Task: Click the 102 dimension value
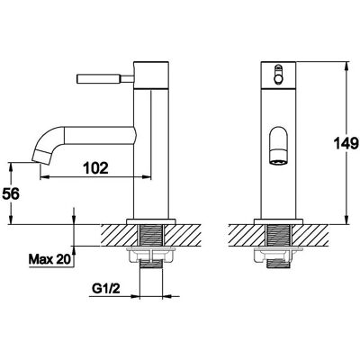[x=95, y=168]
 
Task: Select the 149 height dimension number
[x=346, y=143]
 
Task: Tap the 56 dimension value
[x=11, y=194]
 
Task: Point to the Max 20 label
[x=49, y=259]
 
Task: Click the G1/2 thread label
[x=105, y=289]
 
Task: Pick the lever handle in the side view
[x=105, y=78]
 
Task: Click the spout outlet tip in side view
[x=41, y=157]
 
